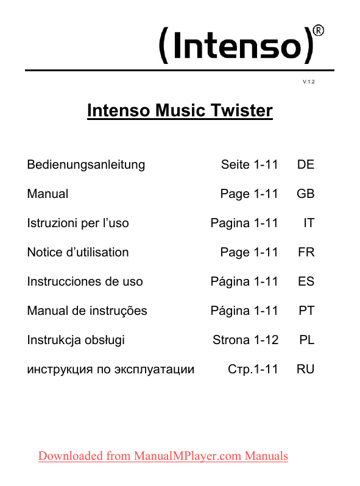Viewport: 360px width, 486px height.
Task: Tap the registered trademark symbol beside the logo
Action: (x=318, y=30)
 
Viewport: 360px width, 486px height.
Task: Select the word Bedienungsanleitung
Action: (x=86, y=164)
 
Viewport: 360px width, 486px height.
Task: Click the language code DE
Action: (x=306, y=164)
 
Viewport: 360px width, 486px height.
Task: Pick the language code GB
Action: (x=305, y=194)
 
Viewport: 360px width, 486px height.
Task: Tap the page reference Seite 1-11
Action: (x=249, y=164)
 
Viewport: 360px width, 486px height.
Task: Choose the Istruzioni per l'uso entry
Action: (x=78, y=223)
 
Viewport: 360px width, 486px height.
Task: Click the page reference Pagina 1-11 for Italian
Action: (x=244, y=223)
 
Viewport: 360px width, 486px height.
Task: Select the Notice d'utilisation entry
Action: (x=78, y=252)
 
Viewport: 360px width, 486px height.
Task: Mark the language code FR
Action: (x=306, y=252)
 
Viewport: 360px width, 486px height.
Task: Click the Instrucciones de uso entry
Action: (x=85, y=281)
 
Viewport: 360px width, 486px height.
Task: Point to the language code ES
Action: (x=306, y=281)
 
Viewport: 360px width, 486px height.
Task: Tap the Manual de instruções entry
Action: (x=87, y=311)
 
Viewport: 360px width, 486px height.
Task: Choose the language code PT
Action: (x=306, y=311)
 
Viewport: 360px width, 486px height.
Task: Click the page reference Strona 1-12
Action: (x=245, y=340)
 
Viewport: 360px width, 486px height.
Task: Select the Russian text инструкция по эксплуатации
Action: (x=111, y=369)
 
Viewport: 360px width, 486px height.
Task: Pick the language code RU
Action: (x=305, y=369)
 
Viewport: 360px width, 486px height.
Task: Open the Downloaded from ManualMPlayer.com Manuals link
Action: (x=163, y=456)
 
